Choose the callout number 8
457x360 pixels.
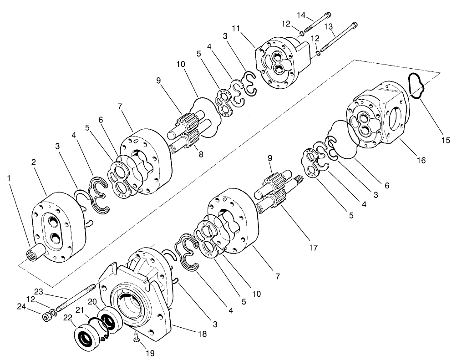click(201, 153)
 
